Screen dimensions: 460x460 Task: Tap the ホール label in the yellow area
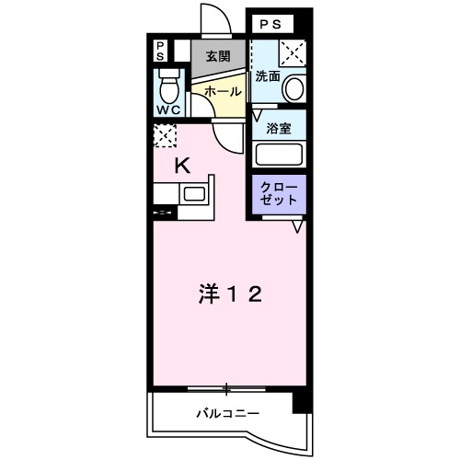pos(222,93)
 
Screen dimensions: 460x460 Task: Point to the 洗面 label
pos(268,75)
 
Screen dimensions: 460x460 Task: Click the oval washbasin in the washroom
pos(294,88)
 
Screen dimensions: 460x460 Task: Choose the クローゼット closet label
pos(280,192)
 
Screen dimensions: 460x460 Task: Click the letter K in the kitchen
pos(183,166)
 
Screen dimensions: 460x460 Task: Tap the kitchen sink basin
pos(195,194)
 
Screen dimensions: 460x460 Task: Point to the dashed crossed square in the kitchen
pos(164,137)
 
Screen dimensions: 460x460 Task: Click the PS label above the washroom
pos(269,23)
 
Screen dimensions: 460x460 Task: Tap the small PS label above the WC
pos(160,51)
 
